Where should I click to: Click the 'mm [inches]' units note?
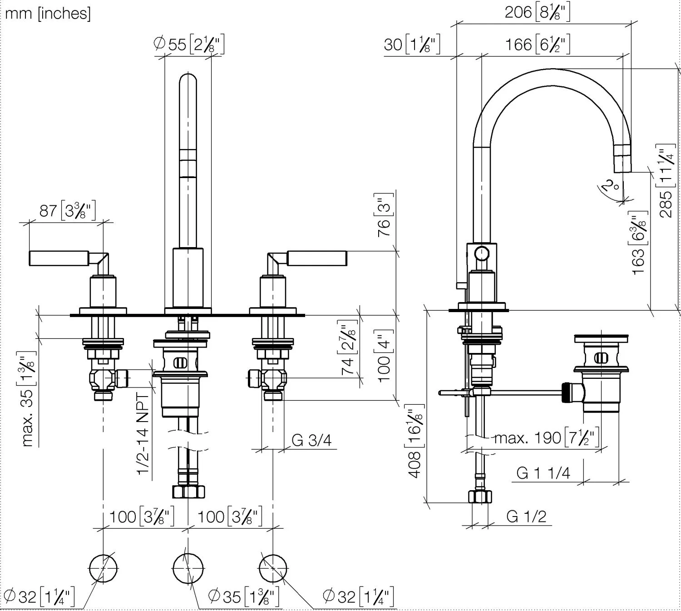point(48,14)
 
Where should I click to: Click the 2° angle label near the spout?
point(610,186)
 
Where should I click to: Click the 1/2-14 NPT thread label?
point(144,434)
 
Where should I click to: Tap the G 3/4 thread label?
point(311,440)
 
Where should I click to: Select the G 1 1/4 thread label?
point(543,473)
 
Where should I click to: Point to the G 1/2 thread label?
point(526,517)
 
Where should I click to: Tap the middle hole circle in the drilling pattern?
point(188,568)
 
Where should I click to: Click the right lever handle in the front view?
point(317,258)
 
